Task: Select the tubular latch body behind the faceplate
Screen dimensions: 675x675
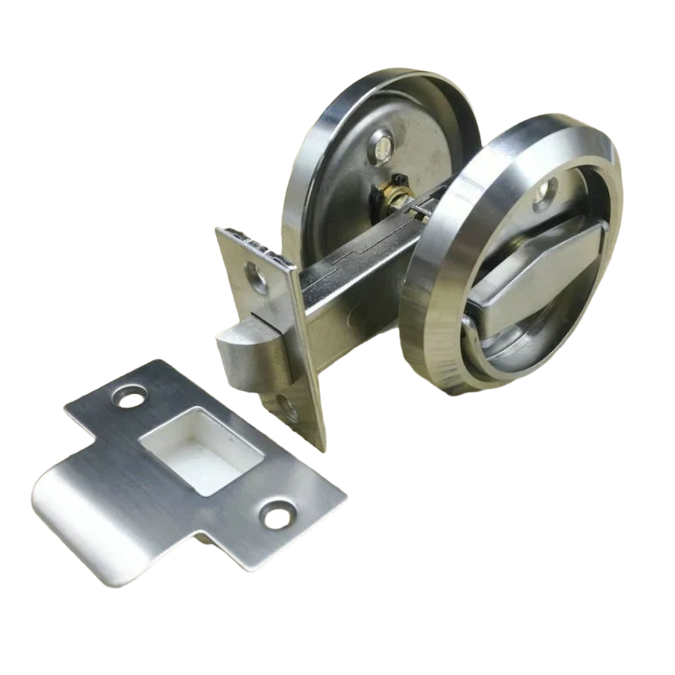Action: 337,287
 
